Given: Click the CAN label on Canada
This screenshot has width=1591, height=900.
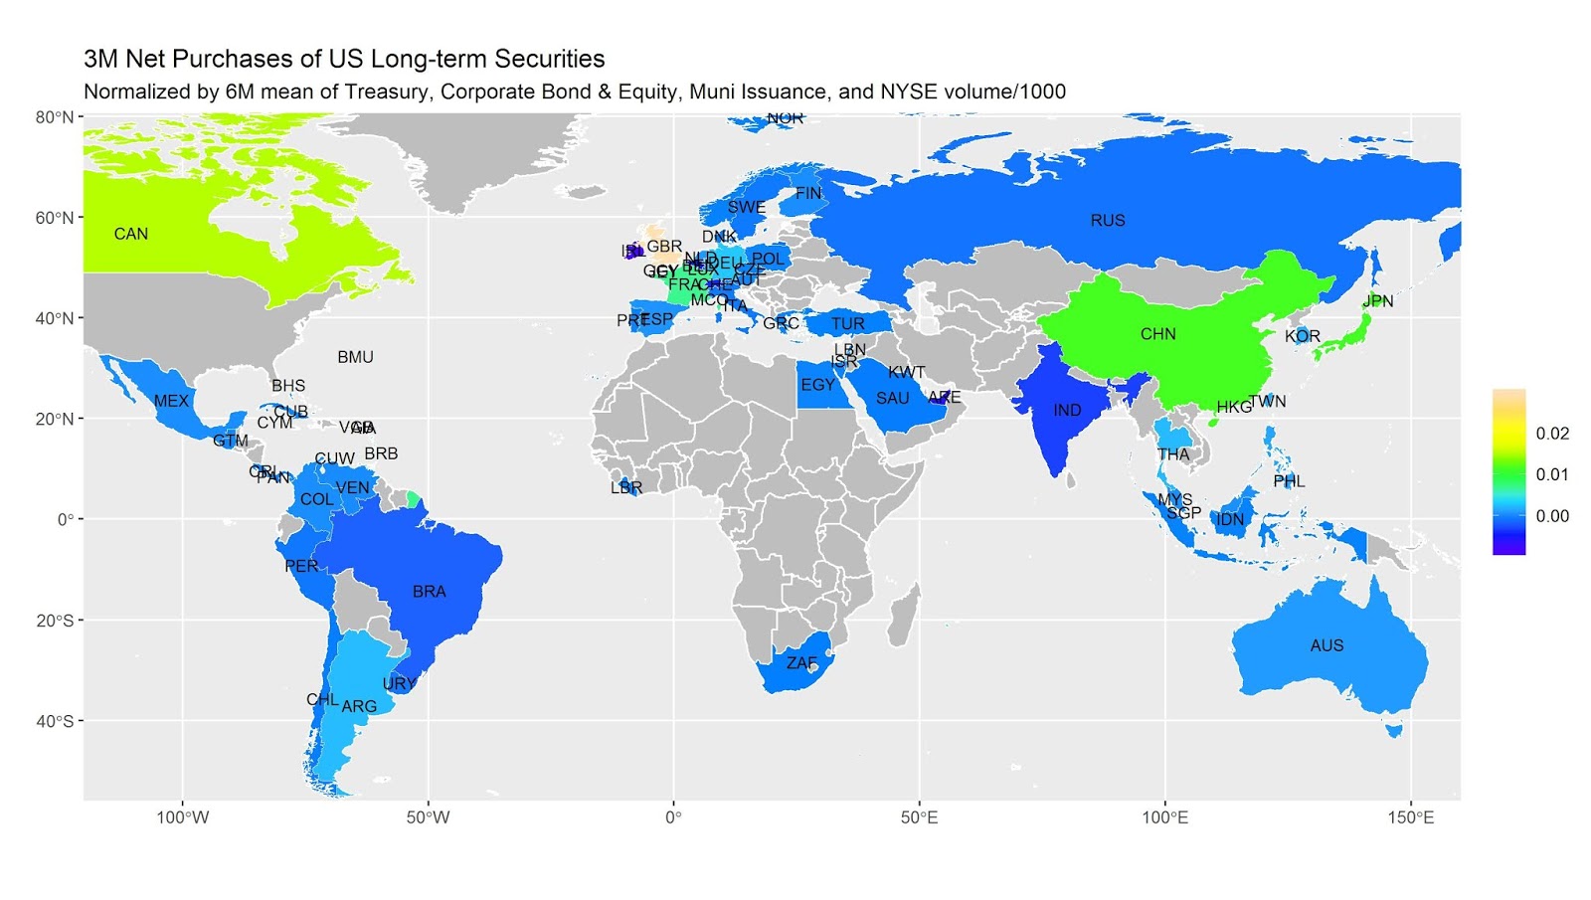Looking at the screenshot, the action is pyautogui.click(x=130, y=234).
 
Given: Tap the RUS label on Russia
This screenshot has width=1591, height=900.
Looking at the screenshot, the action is pyautogui.click(x=1107, y=220).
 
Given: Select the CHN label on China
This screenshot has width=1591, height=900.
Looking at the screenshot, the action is pyautogui.click(x=1157, y=334).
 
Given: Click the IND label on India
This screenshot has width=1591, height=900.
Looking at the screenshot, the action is pyautogui.click(x=1067, y=410).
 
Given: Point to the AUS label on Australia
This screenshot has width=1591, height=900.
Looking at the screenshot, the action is pyautogui.click(x=1326, y=645).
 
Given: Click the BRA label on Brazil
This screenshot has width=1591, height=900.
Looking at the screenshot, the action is pyautogui.click(x=429, y=592).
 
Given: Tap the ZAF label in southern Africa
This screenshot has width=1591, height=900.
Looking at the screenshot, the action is pyautogui.click(x=801, y=662).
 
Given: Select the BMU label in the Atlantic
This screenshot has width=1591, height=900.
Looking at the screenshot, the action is pyautogui.click(x=355, y=357).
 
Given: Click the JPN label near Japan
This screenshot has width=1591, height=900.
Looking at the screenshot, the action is pyautogui.click(x=1377, y=300).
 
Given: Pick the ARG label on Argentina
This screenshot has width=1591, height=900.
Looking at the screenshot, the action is pyautogui.click(x=359, y=707).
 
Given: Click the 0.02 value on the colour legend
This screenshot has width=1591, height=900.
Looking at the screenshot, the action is pyautogui.click(x=1551, y=434).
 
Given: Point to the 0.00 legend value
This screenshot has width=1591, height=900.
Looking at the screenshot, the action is pyautogui.click(x=1551, y=516).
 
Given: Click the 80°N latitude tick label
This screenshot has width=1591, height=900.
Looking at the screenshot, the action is pyautogui.click(x=55, y=117).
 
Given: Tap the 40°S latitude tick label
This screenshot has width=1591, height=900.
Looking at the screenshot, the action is pyautogui.click(x=55, y=721).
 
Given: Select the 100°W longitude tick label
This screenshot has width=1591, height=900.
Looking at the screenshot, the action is pyautogui.click(x=183, y=818).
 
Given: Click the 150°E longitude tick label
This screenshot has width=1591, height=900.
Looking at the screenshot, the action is pyautogui.click(x=1410, y=818).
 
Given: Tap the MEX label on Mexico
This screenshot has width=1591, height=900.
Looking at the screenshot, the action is pyautogui.click(x=171, y=401).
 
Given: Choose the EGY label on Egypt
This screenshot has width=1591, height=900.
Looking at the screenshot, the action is pyautogui.click(x=817, y=385).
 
